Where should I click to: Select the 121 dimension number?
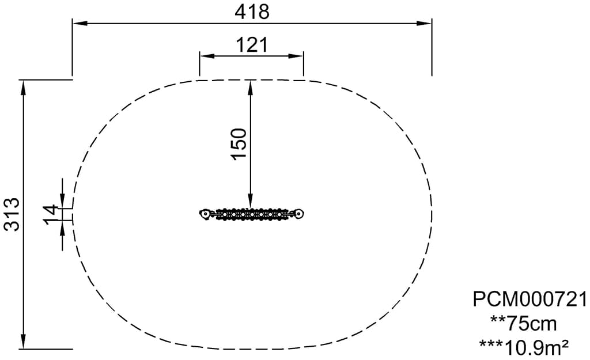click(x=252, y=45)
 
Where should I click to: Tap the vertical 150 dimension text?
click(x=240, y=144)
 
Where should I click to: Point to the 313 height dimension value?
click(x=12, y=214)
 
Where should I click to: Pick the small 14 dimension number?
click(x=51, y=214)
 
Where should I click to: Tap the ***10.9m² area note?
click(x=524, y=347)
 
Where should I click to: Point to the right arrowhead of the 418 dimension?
click(x=424, y=23)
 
